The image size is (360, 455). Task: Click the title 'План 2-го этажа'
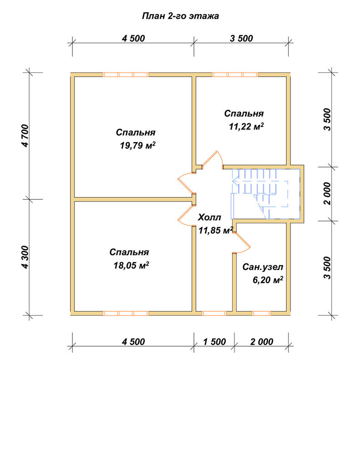tap(180, 16)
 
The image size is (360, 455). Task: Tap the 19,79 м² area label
tap(137, 145)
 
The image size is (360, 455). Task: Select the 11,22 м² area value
tap(246, 126)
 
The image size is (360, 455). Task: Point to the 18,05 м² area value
tap(131, 265)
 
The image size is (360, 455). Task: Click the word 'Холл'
tap(209, 217)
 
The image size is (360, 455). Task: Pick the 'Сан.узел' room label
tap(263, 267)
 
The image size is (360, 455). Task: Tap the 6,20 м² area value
tap(268, 280)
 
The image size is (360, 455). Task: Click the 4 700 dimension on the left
tap(25, 136)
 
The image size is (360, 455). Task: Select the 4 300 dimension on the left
tap(25, 258)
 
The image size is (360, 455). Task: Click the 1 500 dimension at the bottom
tap(214, 342)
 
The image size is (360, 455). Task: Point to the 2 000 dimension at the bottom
tap(262, 342)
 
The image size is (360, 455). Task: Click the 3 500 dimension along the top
tap(241, 38)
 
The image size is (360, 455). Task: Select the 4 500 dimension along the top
tap(133, 38)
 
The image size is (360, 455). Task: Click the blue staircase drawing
tap(265, 194)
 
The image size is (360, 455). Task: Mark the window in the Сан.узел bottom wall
tap(261, 313)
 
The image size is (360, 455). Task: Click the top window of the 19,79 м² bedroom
tap(126, 75)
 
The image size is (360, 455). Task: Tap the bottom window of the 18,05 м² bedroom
tap(126, 313)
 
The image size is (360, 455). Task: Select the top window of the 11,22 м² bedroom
tap(235, 75)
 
